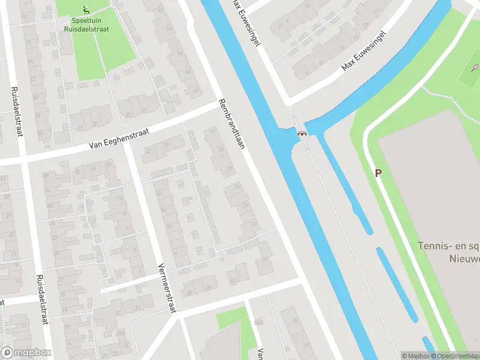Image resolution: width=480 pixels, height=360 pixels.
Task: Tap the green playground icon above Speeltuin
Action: point(86,9)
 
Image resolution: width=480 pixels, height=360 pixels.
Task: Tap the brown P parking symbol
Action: point(378,173)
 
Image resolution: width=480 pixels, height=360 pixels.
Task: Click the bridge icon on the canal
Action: point(302,133)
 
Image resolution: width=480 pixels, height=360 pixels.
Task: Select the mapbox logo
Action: point(26,353)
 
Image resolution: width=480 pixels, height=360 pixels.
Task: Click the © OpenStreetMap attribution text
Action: point(455,356)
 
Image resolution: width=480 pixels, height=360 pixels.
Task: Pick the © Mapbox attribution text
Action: point(415,356)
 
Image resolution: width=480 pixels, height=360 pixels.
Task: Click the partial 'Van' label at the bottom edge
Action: point(261,354)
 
